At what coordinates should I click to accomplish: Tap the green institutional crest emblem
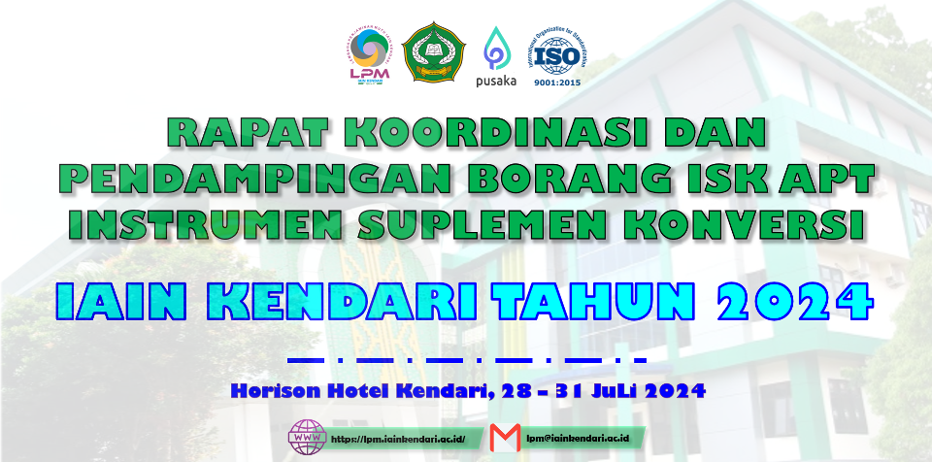click(434, 55)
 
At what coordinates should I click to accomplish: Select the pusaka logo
click(497, 56)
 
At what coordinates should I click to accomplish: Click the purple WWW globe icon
click(309, 438)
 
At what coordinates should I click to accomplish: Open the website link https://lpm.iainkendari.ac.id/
click(398, 439)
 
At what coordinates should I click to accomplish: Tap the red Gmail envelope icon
click(506, 437)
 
